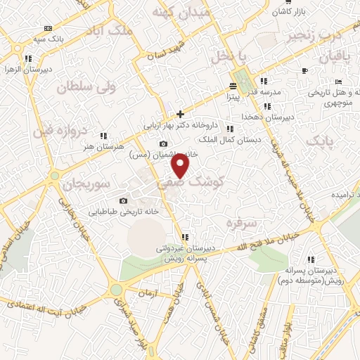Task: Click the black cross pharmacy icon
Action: [x=180, y=113]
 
